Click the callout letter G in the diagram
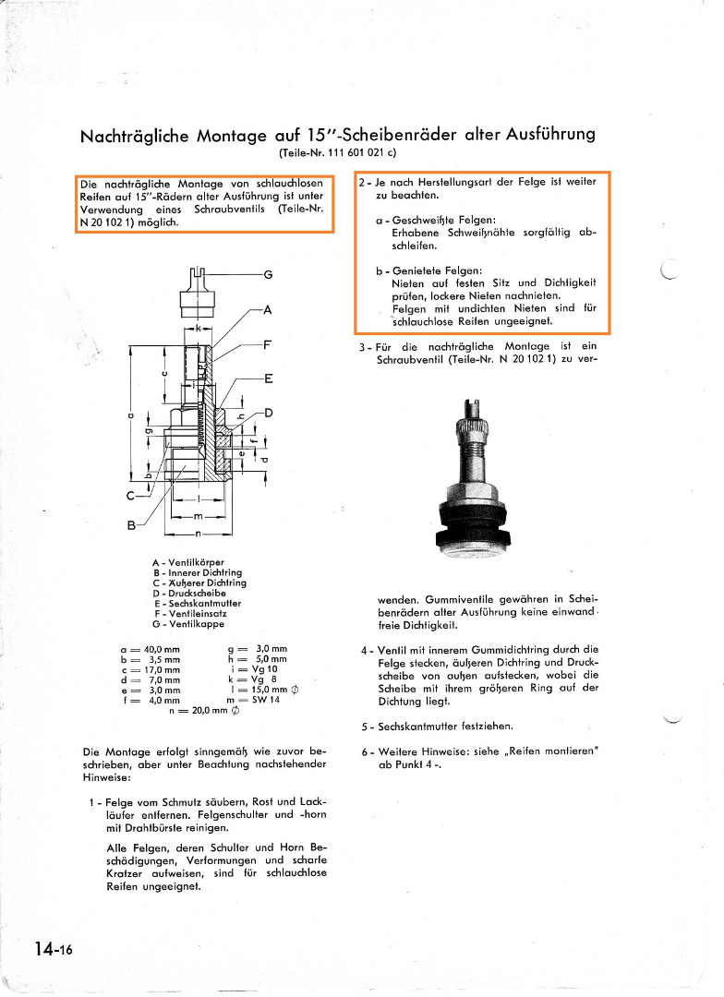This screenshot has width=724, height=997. click(269, 274)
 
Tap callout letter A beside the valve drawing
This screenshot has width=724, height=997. click(269, 310)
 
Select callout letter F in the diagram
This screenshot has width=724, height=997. click(269, 343)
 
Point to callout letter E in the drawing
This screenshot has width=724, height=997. click(269, 378)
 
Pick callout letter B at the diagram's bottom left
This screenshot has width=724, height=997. click(132, 526)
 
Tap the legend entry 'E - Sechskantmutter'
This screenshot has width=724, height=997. click(197, 604)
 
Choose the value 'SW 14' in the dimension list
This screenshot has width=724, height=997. click(268, 700)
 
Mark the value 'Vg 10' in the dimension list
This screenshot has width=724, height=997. click(266, 669)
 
